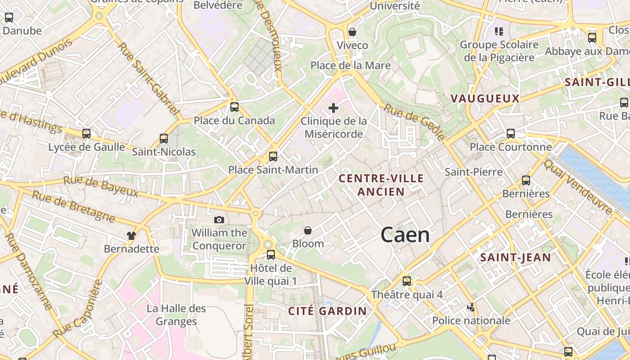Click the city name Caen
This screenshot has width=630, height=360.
click(405, 235)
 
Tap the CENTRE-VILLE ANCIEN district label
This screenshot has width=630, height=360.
click(381, 185)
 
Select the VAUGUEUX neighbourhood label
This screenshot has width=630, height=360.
click(485, 99)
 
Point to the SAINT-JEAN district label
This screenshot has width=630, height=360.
click(515, 257)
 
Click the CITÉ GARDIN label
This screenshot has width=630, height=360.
click(328, 311)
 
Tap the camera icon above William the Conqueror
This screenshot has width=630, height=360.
click(219, 220)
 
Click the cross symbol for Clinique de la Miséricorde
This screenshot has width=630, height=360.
click(333, 108)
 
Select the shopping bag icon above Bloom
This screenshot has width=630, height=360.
click(308, 231)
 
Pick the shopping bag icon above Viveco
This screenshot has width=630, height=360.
click(352, 32)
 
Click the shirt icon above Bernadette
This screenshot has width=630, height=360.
click(131, 235)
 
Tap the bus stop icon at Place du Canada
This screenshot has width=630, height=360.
click(234, 107)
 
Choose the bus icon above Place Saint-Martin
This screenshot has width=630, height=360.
click(273, 157)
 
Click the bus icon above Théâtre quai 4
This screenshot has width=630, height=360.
click(407, 281)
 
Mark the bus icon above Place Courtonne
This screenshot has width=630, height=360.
click(511, 134)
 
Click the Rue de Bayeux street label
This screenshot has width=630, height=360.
click(100, 187)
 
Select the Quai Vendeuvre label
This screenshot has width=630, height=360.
click(578, 187)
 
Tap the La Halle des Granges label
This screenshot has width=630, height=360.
click(176, 315)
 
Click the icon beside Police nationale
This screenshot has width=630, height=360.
click(471, 307)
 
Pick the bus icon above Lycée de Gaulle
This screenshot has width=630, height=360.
click(86, 134)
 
